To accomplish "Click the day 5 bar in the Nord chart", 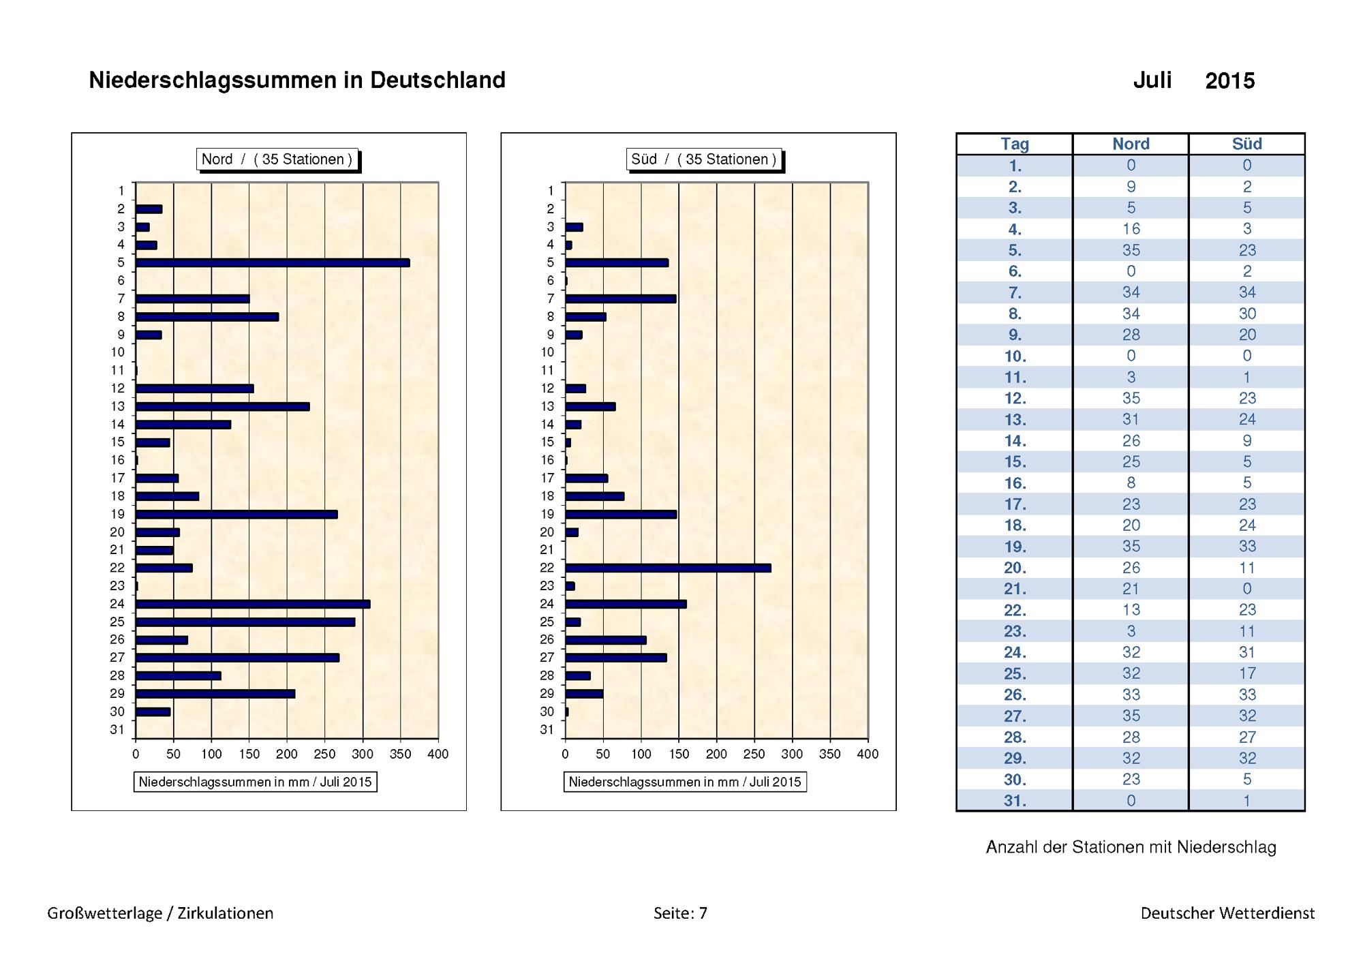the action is click(273, 263).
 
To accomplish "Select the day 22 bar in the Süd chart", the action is click(668, 568).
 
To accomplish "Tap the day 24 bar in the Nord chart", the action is click(253, 604).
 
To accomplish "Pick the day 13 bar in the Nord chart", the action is click(222, 407).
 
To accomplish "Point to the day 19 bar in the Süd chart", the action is click(621, 515).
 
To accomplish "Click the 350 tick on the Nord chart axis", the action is click(400, 754).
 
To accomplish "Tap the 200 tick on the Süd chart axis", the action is click(716, 754).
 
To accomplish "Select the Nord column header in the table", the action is click(1131, 144).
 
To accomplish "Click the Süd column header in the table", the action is click(1246, 144).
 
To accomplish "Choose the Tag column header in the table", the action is click(1015, 144).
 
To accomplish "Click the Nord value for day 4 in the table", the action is click(1131, 229).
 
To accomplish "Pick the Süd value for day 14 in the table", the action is click(1247, 440).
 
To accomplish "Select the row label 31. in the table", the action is click(1015, 801).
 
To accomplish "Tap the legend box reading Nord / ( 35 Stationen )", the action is click(277, 159).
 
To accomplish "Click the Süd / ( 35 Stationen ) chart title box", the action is click(703, 159).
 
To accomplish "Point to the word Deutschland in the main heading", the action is click(438, 80).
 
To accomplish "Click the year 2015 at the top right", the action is click(1230, 81).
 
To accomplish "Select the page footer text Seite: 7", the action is click(680, 913).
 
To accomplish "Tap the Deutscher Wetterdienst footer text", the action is click(1227, 913).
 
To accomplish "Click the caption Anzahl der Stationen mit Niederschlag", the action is click(1131, 847).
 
